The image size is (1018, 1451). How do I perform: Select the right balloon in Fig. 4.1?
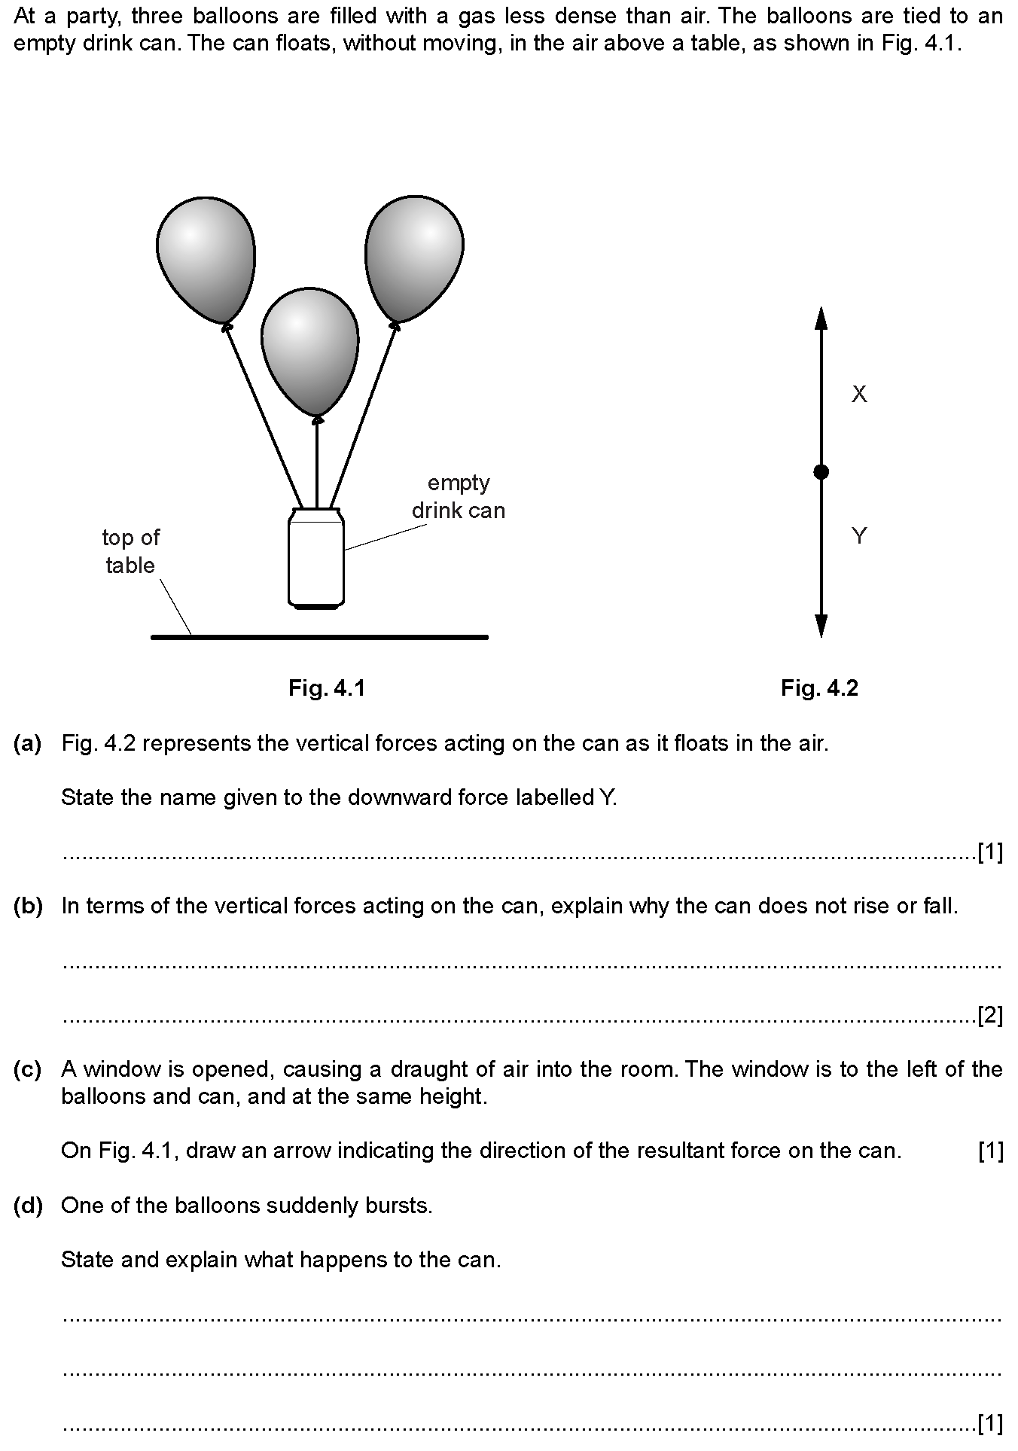(x=414, y=256)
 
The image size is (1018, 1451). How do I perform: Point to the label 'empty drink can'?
(x=458, y=496)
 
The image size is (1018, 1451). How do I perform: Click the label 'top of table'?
(x=130, y=551)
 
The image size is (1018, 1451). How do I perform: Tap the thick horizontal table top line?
(x=320, y=637)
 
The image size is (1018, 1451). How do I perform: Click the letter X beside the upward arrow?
(x=859, y=394)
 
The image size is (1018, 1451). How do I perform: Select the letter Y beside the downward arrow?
(x=859, y=536)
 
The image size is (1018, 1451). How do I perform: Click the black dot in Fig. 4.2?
(x=821, y=472)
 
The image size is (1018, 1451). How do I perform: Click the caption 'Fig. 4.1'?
(x=327, y=687)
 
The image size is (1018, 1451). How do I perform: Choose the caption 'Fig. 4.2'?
(x=819, y=687)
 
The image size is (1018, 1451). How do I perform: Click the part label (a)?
(x=28, y=744)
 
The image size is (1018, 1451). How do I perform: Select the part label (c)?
(x=28, y=1069)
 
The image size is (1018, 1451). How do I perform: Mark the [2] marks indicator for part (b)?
(x=989, y=1017)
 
